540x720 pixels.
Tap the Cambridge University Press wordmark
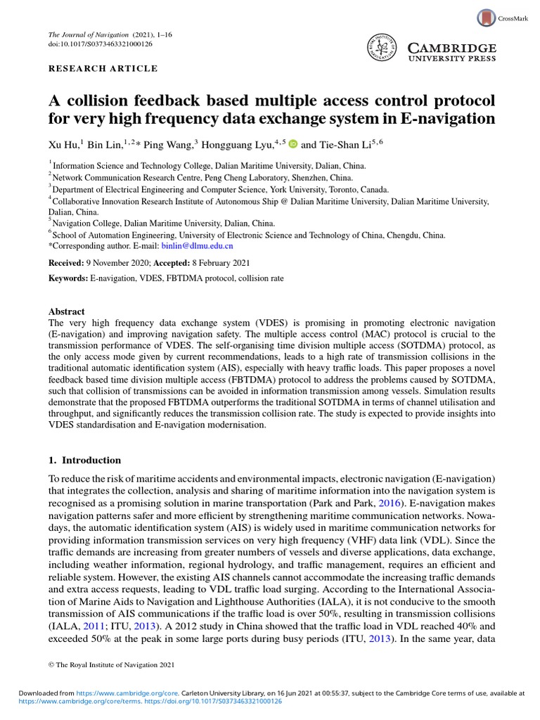(x=452, y=53)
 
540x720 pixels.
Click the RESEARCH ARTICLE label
(x=103, y=69)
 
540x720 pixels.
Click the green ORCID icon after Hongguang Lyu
(x=293, y=144)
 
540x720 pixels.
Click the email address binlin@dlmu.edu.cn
(x=199, y=246)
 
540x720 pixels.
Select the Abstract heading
(x=66, y=311)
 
